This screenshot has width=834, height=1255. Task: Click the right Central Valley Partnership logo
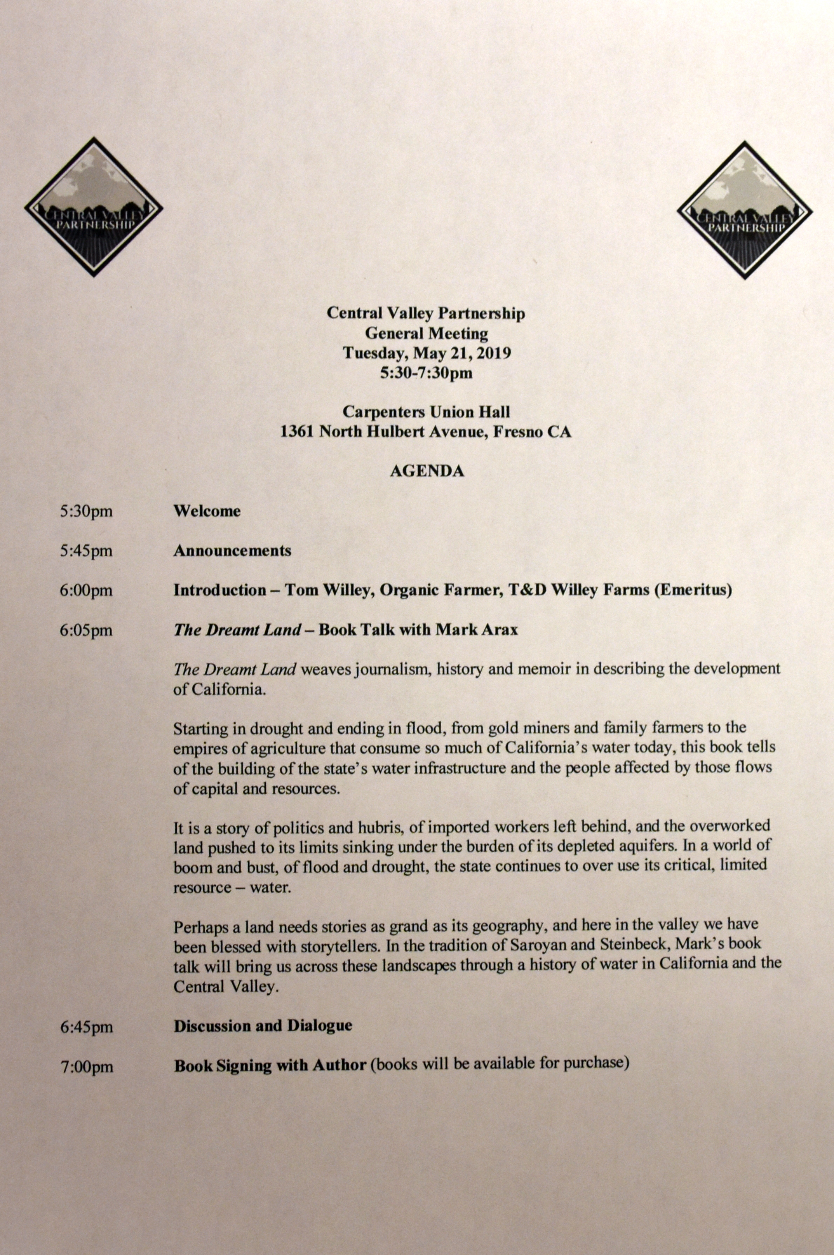coord(744,210)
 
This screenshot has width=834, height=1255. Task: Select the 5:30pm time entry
coord(86,512)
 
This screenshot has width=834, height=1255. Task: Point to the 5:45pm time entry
coord(86,551)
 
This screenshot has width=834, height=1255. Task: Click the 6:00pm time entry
coord(86,590)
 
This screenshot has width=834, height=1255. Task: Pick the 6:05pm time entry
coord(86,630)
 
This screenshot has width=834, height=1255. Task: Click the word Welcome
coord(207,511)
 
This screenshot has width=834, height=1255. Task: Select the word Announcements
coord(232,550)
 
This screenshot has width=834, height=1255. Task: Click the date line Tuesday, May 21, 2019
coord(427,353)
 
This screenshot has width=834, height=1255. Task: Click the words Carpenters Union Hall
coord(427,412)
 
